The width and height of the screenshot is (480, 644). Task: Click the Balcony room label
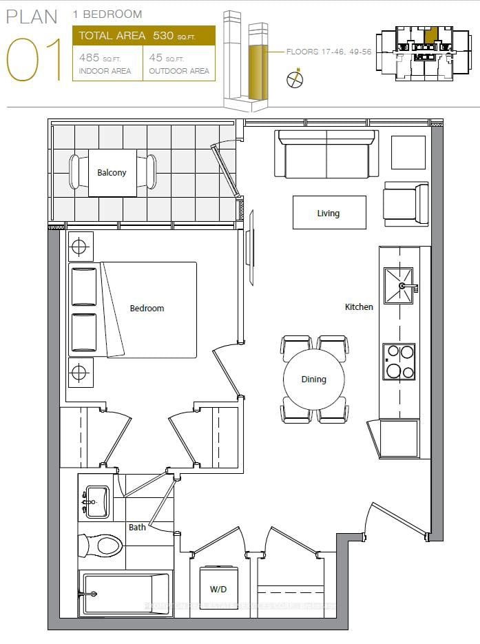pyautogui.click(x=112, y=173)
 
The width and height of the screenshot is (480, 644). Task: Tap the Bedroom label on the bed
pyautogui.click(x=147, y=309)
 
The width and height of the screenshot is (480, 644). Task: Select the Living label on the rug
pyautogui.click(x=328, y=213)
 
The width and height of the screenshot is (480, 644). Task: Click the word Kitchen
pyautogui.click(x=359, y=307)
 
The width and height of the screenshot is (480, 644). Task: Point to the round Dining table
pyautogui.click(x=314, y=380)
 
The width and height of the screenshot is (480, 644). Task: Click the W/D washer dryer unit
pyautogui.click(x=219, y=588)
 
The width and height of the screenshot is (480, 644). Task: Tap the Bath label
pyautogui.click(x=137, y=527)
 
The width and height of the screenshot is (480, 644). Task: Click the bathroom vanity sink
pyautogui.click(x=95, y=501)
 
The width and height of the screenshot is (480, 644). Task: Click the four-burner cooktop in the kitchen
pyautogui.click(x=399, y=362)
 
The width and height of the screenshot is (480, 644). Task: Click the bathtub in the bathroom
pyautogui.click(x=124, y=594)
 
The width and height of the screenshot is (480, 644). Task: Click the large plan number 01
pyautogui.click(x=34, y=60)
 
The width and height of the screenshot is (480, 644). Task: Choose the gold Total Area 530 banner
pyautogui.click(x=143, y=36)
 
